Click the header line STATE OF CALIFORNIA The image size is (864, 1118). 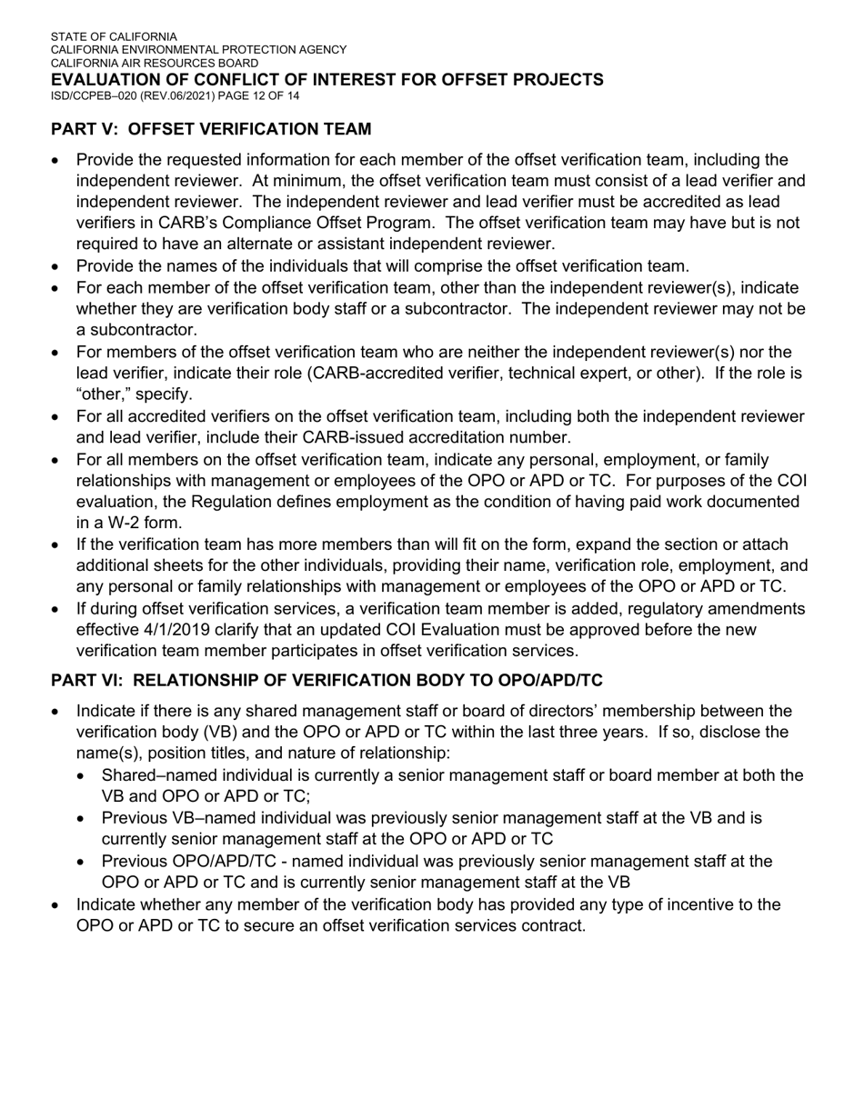tap(114, 37)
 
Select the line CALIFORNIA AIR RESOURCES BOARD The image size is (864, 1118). tap(154, 64)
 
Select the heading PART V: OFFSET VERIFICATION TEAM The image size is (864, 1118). tap(211, 129)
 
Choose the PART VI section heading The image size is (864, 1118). tap(327, 680)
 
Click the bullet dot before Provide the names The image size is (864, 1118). tap(57, 267)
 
